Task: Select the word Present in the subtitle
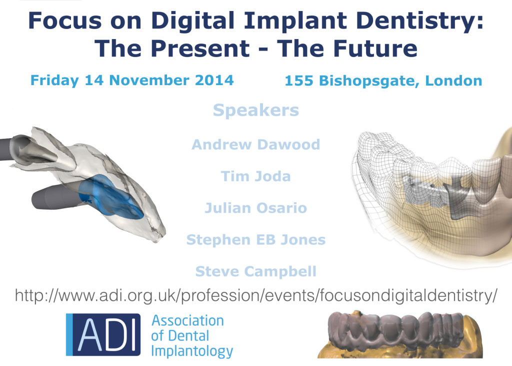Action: coord(200,49)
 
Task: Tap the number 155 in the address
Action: coord(299,81)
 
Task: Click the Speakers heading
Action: coord(256,111)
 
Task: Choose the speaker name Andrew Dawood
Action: coord(256,145)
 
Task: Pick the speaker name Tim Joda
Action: coord(256,176)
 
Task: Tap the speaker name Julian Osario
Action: coord(256,208)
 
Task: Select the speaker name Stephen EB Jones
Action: coord(256,240)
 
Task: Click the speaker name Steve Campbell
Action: coord(256,271)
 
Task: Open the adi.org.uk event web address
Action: coord(256,295)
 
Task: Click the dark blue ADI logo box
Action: coord(103,334)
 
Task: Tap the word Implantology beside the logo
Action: coord(192,351)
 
